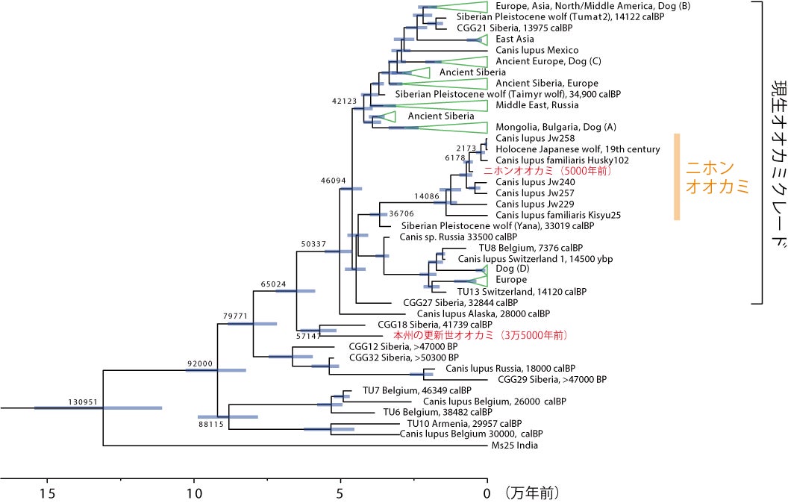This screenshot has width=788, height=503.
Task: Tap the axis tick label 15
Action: point(47,493)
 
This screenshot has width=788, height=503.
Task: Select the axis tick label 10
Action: point(194,493)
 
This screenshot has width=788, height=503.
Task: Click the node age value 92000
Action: point(200,363)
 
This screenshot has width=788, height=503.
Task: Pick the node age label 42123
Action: point(345,101)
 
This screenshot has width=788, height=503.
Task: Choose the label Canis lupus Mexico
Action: point(537,50)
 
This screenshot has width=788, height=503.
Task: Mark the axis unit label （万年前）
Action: point(531,493)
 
